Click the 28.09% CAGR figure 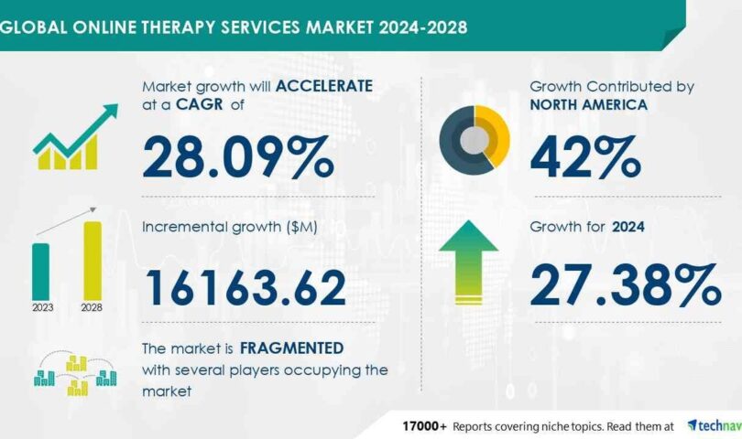tap(237, 156)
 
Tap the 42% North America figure tap(584, 156)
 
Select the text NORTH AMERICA tap(588, 104)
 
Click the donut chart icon tap(474, 138)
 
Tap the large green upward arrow tap(468, 261)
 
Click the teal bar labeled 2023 tap(41, 272)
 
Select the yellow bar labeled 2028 tap(93, 261)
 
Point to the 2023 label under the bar tap(41, 308)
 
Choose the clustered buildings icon tap(74, 374)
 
